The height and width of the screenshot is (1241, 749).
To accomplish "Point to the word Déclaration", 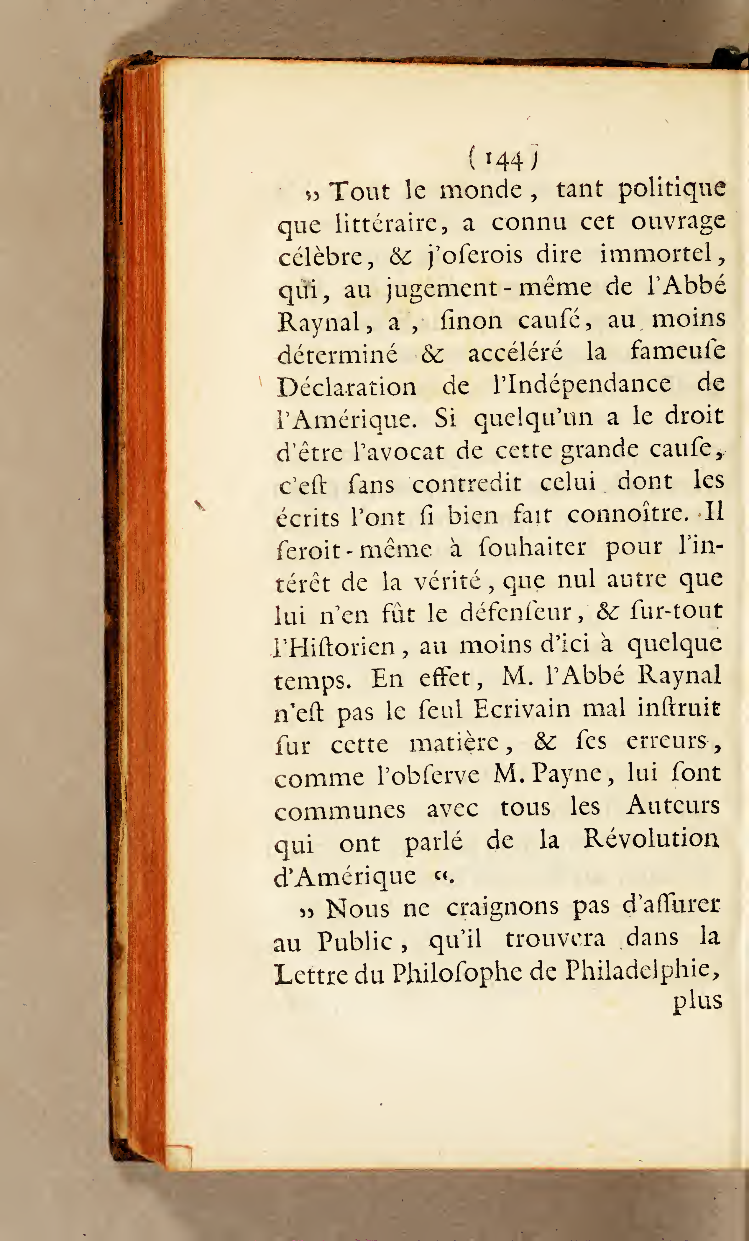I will tap(347, 387).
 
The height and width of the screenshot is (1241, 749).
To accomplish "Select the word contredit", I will tap(467, 483).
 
